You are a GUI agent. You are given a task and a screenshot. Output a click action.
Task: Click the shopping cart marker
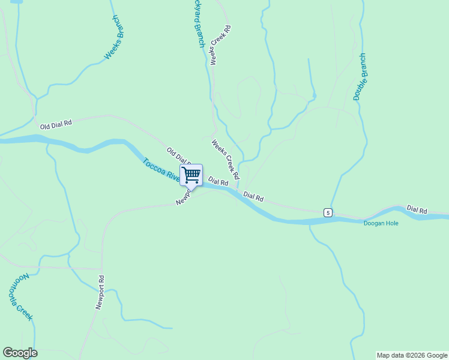click(191, 175)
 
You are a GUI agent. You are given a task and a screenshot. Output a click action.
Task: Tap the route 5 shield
click(327, 212)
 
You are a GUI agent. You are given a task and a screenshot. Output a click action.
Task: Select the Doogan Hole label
click(381, 223)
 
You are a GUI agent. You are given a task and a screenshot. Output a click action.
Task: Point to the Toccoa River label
click(161, 169)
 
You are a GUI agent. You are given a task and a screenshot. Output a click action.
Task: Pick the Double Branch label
click(360, 77)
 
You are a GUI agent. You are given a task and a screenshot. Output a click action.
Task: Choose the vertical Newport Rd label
click(100, 292)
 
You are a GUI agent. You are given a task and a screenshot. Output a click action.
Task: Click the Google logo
click(20, 352)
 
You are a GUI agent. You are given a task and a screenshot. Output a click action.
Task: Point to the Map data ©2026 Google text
click(411, 355)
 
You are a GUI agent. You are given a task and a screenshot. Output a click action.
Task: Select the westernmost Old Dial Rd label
click(56, 124)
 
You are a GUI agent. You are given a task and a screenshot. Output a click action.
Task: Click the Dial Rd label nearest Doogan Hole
click(417, 209)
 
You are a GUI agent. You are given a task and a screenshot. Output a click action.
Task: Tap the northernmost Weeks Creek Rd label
click(219, 44)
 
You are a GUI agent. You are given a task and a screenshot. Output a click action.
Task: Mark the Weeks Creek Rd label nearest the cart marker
click(225, 159)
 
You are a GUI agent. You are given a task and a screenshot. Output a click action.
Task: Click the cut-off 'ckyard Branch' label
click(199, 24)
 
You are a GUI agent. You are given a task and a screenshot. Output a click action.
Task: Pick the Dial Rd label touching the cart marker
click(218, 181)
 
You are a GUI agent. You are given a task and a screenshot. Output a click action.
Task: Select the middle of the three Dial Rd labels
click(253, 196)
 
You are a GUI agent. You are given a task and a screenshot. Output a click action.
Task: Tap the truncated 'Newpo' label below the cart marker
click(183, 199)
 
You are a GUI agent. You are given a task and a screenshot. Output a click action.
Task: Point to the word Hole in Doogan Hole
click(391, 223)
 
